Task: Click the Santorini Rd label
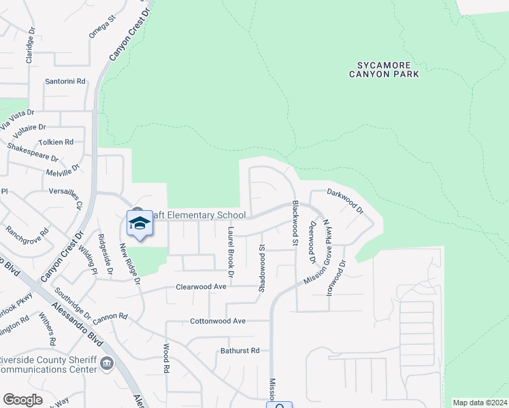[65, 81]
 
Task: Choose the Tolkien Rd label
[56, 142]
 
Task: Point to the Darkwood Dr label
[346, 201]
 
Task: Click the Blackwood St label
[295, 222]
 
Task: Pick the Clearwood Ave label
[201, 287]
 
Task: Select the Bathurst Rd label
[240, 351]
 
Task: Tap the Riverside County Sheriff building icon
[107, 364]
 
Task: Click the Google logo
[22, 400]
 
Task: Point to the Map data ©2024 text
[480, 403]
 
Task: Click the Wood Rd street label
[165, 358]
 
